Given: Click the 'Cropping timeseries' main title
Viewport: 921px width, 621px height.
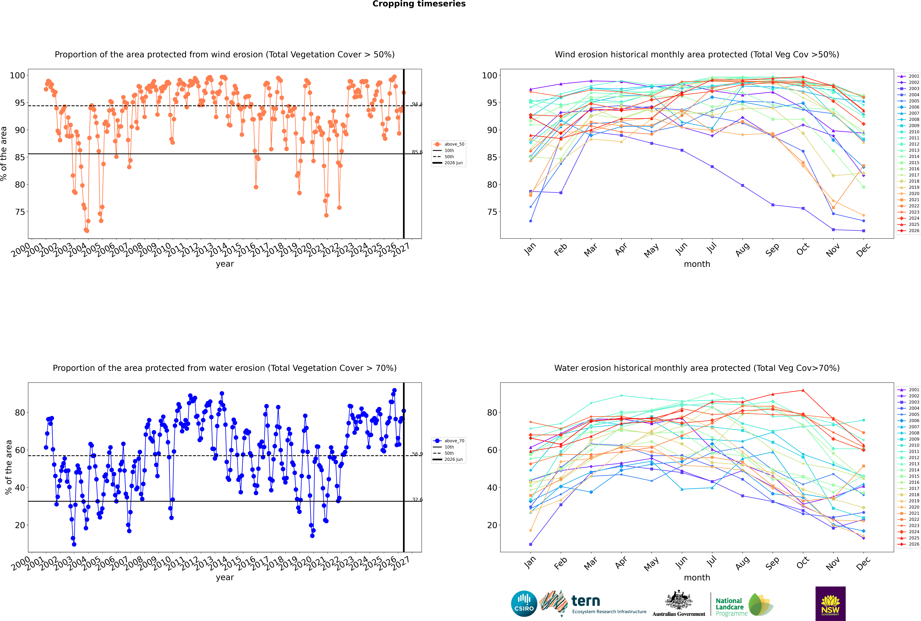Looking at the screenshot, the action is pos(419,4).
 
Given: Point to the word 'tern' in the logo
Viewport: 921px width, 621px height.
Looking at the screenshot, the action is pos(586,601).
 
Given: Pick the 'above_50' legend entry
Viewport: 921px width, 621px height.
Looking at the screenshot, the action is pos(449,144).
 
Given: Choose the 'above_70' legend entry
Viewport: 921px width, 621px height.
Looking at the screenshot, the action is pos(449,441).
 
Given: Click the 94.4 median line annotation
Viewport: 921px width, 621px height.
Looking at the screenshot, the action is pos(417,104).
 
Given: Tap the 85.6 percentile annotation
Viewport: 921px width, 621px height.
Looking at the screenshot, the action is pos(417,152).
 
